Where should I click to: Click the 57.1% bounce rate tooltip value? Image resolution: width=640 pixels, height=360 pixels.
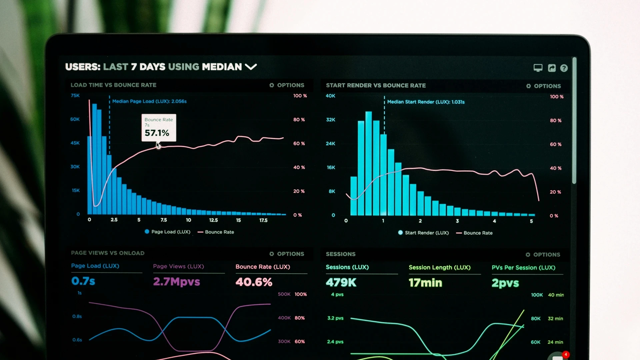click(x=157, y=133)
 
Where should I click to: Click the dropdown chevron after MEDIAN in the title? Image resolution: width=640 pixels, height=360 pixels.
click(x=251, y=67)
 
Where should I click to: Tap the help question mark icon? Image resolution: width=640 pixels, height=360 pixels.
click(x=564, y=68)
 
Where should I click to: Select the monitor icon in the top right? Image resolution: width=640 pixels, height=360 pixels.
click(x=538, y=68)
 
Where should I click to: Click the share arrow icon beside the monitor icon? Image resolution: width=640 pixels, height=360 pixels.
click(x=552, y=68)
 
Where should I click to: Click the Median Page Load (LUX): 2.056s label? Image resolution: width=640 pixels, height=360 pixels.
click(x=149, y=101)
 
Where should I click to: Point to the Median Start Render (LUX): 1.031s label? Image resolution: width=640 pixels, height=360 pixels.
click(x=425, y=102)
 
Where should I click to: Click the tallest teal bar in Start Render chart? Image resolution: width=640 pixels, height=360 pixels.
click(x=368, y=163)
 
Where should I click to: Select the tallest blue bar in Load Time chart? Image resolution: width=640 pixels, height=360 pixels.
click(x=94, y=160)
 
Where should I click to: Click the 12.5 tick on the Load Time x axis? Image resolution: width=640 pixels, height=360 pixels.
click(x=213, y=220)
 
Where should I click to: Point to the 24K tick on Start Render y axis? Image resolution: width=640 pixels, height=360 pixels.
click(x=330, y=144)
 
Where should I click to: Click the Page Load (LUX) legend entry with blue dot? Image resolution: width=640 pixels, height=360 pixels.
click(x=167, y=232)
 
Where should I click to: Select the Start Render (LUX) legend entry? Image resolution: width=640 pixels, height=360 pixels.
click(x=423, y=233)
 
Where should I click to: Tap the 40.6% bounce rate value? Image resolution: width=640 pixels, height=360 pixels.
click(x=254, y=282)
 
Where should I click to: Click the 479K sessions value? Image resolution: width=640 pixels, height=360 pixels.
click(x=341, y=283)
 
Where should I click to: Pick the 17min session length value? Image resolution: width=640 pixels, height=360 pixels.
click(x=425, y=283)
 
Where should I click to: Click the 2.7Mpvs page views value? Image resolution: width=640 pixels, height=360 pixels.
click(x=176, y=282)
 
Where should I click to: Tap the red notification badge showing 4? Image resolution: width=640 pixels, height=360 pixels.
click(x=566, y=354)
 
